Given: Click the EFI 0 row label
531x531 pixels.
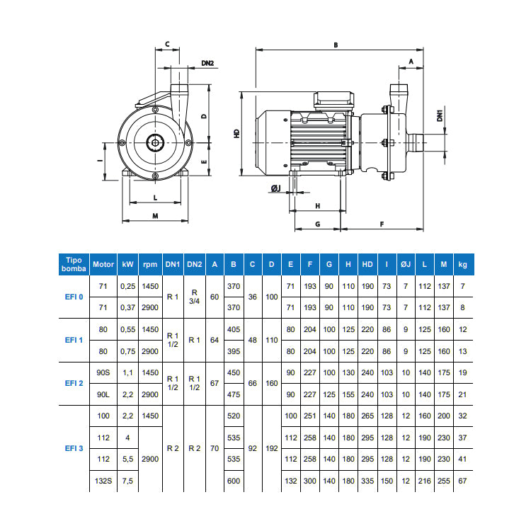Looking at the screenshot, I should click(74, 297).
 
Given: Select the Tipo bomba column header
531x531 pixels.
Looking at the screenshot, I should click(74, 264).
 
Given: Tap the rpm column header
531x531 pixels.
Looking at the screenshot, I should click(150, 264).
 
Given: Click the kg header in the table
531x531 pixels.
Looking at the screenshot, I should click(463, 264).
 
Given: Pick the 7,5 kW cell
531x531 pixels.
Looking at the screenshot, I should click(127, 481).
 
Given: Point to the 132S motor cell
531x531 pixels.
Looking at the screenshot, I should click(103, 481).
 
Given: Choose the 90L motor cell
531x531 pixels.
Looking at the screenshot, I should click(103, 394).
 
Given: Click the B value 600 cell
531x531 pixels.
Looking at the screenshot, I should click(234, 481).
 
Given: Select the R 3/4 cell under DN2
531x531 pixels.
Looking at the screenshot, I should click(195, 297).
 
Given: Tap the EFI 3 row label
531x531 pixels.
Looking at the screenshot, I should click(74, 449).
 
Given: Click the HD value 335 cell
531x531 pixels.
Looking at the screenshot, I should click(367, 481).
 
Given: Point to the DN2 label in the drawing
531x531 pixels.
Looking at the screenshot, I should click(207, 63).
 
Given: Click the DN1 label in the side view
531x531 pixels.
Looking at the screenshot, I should click(440, 115).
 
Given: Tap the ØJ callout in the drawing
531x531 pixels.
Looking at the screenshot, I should click(275, 188).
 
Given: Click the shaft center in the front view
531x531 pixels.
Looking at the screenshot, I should click(154, 143).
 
